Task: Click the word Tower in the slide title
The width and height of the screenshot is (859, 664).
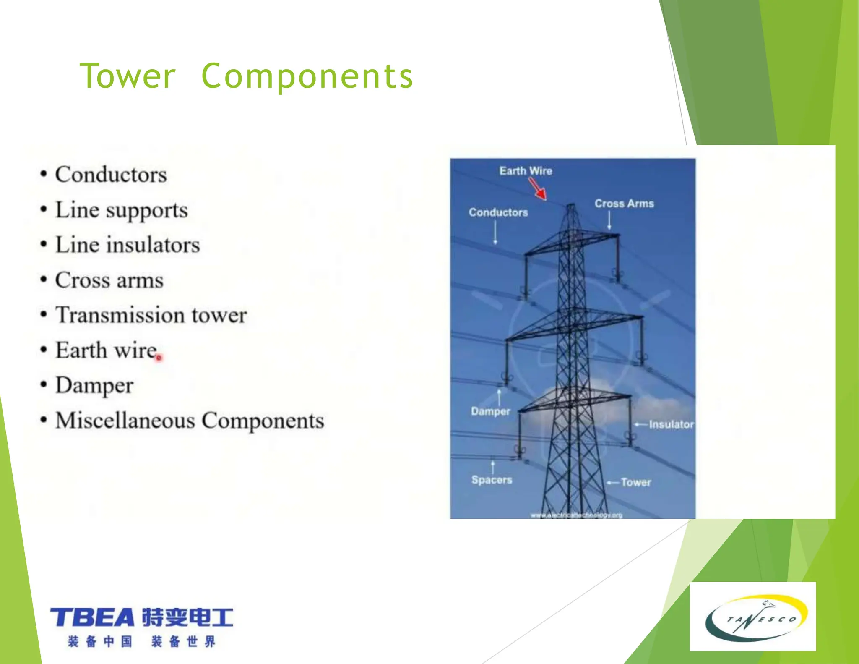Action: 127,76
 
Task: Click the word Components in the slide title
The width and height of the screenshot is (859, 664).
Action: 307,76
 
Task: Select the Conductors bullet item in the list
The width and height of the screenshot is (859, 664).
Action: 111,175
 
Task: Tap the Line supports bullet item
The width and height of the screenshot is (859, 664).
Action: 121,210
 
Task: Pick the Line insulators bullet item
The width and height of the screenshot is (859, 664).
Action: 128,245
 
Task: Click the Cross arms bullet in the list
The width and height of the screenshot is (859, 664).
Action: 109,280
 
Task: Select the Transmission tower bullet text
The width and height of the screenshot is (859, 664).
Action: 151,315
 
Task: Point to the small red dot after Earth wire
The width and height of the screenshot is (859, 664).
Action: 159,358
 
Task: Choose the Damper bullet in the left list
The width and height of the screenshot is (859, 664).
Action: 94,385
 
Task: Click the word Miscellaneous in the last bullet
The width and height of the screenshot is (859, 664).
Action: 125,421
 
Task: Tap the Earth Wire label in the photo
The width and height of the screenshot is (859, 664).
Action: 526,171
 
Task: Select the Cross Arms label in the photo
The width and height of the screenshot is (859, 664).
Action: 624,204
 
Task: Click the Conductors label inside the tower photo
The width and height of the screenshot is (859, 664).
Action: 498,212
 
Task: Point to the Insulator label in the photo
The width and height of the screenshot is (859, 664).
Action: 671,424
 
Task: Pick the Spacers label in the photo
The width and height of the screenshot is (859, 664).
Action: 492,480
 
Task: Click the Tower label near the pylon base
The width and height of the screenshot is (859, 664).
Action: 636,482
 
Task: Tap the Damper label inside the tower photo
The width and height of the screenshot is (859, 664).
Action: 490,411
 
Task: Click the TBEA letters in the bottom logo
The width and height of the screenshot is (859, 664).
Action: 92,618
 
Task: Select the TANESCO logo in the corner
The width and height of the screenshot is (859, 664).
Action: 752,617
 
